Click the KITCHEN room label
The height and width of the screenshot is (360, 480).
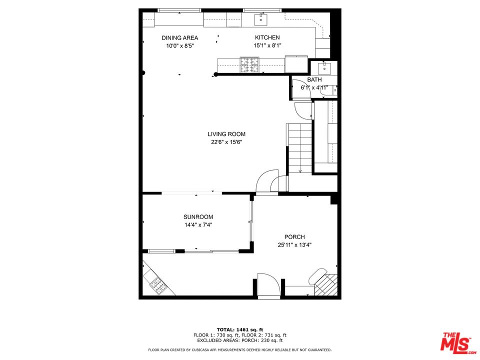[x=267, y=37]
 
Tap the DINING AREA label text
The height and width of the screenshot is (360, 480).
[x=179, y=38]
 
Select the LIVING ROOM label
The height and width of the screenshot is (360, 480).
[x=226, y=134]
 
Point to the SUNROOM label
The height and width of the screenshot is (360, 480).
[x=198, y=217]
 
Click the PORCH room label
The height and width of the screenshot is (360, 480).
[x=294, y=237]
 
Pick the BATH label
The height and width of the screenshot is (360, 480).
[x=314, y=80]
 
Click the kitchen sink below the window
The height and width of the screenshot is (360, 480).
[x=261, y=20]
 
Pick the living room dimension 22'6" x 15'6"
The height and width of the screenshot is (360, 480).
[x=226, y=142]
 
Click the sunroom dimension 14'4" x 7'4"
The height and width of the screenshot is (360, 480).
[x=198, y=225]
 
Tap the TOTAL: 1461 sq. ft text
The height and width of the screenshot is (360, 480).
[x=239, y=329]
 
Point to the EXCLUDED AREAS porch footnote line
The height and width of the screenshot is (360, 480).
[x=239, y=340]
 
